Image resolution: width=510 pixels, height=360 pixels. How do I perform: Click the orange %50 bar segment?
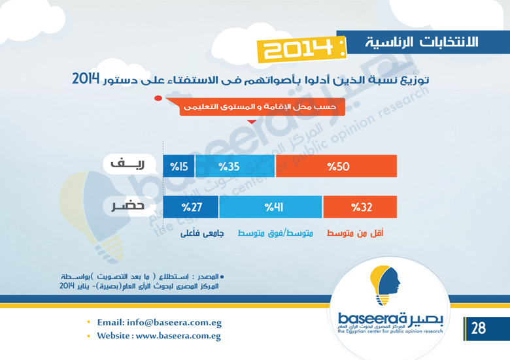point(336,166)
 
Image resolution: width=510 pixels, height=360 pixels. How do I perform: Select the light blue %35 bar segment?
point(235,166)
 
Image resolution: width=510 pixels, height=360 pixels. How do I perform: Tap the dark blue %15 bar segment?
point(178,166)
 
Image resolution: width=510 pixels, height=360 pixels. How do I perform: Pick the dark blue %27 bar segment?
point(191,207)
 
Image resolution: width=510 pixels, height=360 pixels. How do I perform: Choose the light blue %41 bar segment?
point(271,207)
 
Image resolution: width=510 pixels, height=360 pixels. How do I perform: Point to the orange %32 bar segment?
point(360,207)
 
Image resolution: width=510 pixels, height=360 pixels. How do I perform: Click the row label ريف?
point(127,164)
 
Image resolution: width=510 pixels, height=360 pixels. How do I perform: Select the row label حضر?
point(128,206)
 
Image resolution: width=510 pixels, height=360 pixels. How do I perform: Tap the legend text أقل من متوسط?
point(355,233)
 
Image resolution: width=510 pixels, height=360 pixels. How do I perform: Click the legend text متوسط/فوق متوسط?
point(275,233)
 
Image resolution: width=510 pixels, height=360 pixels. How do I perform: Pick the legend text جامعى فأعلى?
point(202,233)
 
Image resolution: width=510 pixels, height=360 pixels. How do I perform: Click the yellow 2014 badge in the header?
point(301,49)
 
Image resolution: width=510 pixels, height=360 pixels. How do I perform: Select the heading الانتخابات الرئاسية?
point(422,42)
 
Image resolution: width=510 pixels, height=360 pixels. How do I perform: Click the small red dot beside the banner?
point(158,98)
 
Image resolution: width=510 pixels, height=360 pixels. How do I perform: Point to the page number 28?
point(479,328)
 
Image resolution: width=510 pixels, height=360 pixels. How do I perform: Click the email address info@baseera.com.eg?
point(175,322)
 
